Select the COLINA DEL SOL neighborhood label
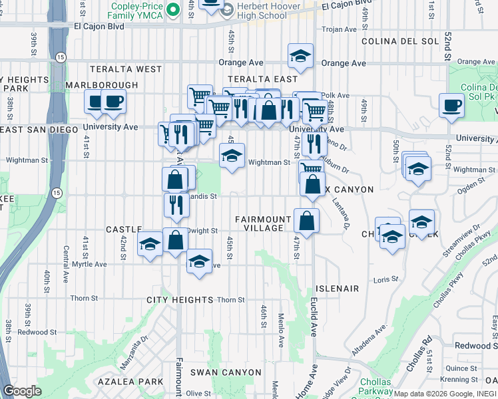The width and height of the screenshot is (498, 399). (400, 41)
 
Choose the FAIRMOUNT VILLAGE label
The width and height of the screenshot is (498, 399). (264, 223)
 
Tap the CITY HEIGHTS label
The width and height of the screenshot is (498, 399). (180, 300)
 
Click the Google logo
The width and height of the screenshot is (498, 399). (22, 391)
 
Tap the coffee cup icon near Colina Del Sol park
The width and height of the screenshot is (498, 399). (452, 106)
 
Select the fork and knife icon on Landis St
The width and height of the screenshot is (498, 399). (176, 204)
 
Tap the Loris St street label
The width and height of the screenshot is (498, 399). (385, 279)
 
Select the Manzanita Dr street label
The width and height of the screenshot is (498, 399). (134, 353)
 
